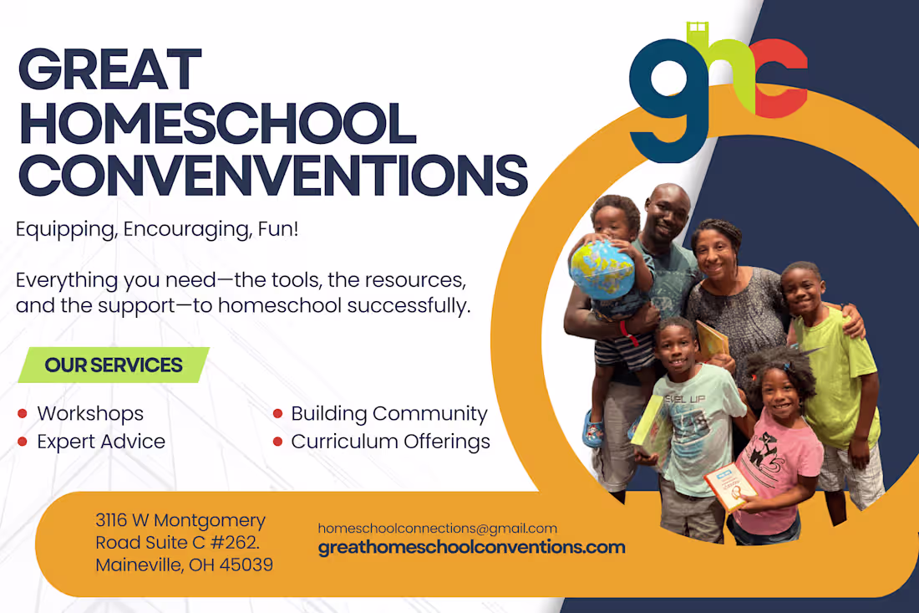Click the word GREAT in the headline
pyautogui.click(x=109, y=70)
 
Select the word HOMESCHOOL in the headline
pyautogui.click(x=217, y=123)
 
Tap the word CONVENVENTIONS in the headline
pyautogui.click(x=272, y=175)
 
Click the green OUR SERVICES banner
pyautogui.click(x=114, y=365)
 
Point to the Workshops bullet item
pyautogui.click(x=90, y=414)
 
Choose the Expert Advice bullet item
pyautogui.click(x=101, y=442)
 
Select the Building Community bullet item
pyautogui.click(x=388, y=414)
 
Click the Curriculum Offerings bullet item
pyautogui.click(x=390, y=442)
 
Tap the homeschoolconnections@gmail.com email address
pyautogui.click(x=437, y=529)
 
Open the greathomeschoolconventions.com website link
pyautogui.click(x=471, y=549)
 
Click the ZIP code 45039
pyautogui.click(x=247, y=565)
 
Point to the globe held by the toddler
pyautogui.click(x=601, y=270)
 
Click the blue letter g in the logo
pyautogui.click(x=668, y=99)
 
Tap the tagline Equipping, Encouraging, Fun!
pyautogui.click(x=157, y=229)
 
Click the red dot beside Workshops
pyautogui.click(x=23, y=414)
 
